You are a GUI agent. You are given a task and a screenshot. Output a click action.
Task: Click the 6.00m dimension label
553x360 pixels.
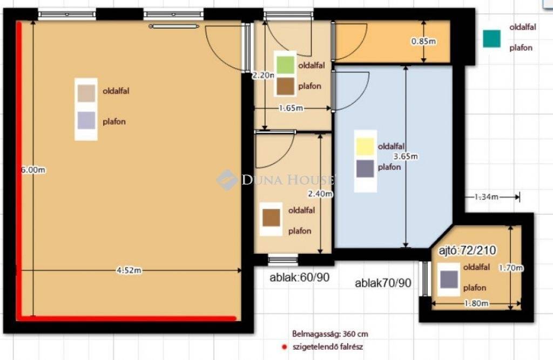(33, 169)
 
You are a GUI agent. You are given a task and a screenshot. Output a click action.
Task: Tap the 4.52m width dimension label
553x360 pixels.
(129, 270)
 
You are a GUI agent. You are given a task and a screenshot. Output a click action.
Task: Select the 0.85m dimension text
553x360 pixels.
(423, 41)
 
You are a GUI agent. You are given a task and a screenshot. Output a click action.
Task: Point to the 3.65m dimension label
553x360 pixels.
(406, 156)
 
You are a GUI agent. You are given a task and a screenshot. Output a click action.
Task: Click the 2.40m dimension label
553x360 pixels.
(320, 194)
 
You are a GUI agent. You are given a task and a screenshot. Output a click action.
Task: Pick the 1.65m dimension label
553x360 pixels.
(291, 108)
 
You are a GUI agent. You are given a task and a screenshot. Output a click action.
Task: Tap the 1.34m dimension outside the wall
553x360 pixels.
(487, 197)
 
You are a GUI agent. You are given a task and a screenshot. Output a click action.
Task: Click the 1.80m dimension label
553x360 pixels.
(476, 303)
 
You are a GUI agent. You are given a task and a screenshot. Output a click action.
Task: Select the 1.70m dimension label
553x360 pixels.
(511, 268)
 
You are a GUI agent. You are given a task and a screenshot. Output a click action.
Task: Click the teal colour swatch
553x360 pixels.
(491, 38)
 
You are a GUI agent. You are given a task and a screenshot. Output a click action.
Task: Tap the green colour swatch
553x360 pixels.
(285, 65)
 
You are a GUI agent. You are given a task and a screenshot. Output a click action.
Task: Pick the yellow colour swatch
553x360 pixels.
(365, 146)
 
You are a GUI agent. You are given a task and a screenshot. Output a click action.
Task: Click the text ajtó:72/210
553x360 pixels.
(467, 250)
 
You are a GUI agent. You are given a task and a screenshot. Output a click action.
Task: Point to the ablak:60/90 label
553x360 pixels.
(299, 277)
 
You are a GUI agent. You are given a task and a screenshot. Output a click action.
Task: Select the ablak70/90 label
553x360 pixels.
(383, 283)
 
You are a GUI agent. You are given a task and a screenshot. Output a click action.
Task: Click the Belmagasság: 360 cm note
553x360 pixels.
(330, 334)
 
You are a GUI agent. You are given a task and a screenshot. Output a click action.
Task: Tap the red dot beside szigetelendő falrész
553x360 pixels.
(284, 347)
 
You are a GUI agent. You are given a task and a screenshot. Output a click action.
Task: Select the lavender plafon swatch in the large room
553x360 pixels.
(86, 120)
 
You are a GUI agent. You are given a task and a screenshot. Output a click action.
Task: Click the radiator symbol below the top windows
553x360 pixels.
(174, 26)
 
